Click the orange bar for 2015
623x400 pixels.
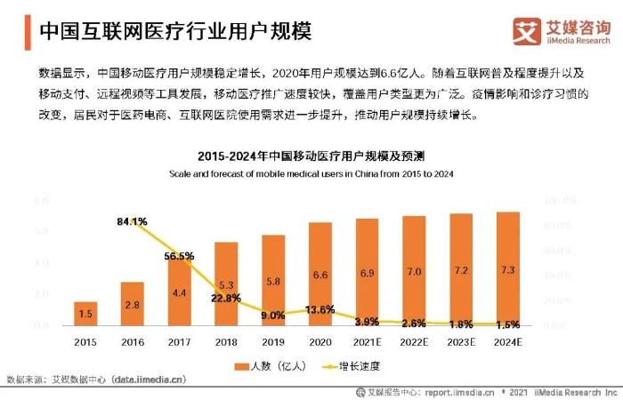pyautogui.click(x=85, y=314)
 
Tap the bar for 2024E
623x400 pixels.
pyautogui.click(x=507, y=268)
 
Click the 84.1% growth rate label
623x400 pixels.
pyautogui.click(x=132, y=220)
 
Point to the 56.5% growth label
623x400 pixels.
pyautogui.click(x=179, y=256)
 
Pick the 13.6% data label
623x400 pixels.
pyautogui.click(x=320, y=309)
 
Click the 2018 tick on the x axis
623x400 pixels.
pyautogui.click(x=226, y=341)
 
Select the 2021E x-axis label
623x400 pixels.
pyautogui.click(x=367, y=341)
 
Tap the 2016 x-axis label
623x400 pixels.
pyautogui.click(x=132, y=341)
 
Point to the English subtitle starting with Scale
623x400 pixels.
pyautogui.click(x=311, y=173)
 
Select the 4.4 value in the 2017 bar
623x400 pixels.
pyautogui.click(x=179, y=292)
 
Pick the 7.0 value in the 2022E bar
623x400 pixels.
pyautogui.click(x=414, y=272)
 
